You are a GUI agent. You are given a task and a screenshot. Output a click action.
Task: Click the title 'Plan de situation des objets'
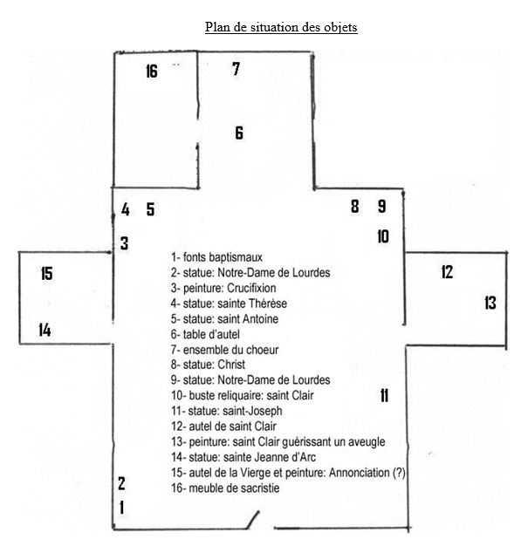point(281,27)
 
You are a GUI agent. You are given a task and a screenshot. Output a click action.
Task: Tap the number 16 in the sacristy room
point(152,72)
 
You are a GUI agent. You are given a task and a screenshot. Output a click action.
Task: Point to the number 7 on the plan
point(237,69)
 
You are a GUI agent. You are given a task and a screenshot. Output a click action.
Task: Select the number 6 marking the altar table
point(239,133)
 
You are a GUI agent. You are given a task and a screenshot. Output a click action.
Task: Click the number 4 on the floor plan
point(126,209)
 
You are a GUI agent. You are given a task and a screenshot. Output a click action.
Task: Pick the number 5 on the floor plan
point(150,209)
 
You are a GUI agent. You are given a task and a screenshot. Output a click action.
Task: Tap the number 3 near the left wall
point(125,243)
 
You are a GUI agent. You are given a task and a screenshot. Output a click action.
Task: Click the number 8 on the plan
point(355,206)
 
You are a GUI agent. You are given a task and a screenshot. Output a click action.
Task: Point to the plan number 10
point(383,236)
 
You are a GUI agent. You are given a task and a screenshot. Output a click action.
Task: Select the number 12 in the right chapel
point(447,272)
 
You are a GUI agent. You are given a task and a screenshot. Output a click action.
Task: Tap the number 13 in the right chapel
point(490,303)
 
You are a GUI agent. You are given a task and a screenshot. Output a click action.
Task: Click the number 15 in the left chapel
point(47,273)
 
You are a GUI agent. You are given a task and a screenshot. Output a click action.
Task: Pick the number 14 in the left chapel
point(45,330)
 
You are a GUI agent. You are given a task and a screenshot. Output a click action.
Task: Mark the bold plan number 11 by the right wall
point(384,396)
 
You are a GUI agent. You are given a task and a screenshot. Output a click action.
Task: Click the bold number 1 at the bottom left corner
point(121,508)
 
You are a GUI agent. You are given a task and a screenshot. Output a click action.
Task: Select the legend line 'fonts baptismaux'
point(216,257)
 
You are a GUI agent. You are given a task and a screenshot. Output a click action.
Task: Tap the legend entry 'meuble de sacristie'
point(225,488)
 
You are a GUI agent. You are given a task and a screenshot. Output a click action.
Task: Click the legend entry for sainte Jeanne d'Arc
point(243,457)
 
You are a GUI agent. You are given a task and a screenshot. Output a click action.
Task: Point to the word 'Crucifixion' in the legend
point(251,288)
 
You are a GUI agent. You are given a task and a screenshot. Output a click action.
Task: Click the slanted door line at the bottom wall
point(253,519)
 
